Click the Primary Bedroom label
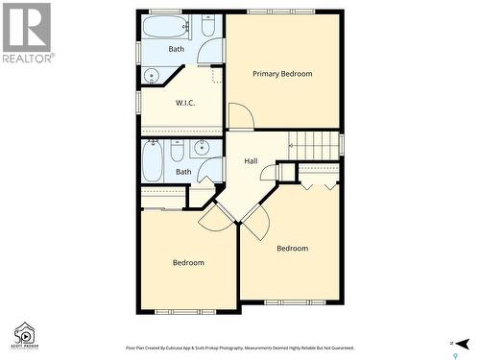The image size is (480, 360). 282,74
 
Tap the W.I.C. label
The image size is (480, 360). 185,103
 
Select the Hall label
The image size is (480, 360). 251,161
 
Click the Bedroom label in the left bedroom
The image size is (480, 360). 188,262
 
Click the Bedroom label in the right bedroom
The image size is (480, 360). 292,249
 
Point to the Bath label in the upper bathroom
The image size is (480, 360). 177,49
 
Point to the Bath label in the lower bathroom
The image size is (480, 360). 183,172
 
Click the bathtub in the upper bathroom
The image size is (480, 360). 165,26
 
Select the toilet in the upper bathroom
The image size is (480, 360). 208,27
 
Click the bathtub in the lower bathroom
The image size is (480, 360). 153,159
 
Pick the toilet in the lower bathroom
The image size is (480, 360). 177,152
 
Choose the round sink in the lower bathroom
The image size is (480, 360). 202,149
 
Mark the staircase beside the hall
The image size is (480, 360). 314,145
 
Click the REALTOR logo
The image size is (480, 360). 27,33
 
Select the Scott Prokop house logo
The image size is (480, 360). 23,335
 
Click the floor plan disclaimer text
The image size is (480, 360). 239,348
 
